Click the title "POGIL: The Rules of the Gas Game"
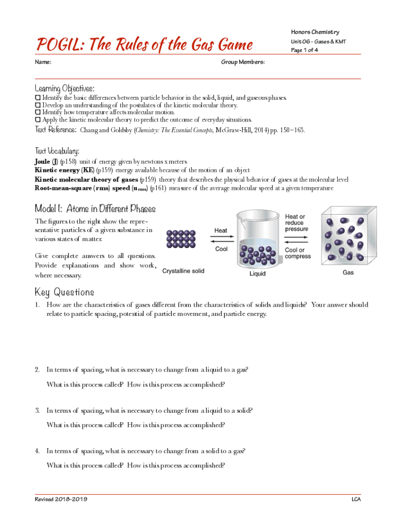tap(144, 45)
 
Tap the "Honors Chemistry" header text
tap(315, 32)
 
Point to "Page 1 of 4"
tap(304, 50)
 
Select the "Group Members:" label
tap(243, 62)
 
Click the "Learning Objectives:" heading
tap(64, 88)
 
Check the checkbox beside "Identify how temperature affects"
tap(38, 112)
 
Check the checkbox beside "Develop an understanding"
tap(38, 104)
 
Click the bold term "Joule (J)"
tap(46, 162)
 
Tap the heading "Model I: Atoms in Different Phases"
tap(95, 208)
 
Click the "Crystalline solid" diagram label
tap(184, 271)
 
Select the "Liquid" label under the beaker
tap(258, 274)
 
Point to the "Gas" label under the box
tap(348, 272)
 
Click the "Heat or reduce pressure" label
tap(297, 223)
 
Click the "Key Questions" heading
tap(64, 292)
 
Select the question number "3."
tap(38, 411)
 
